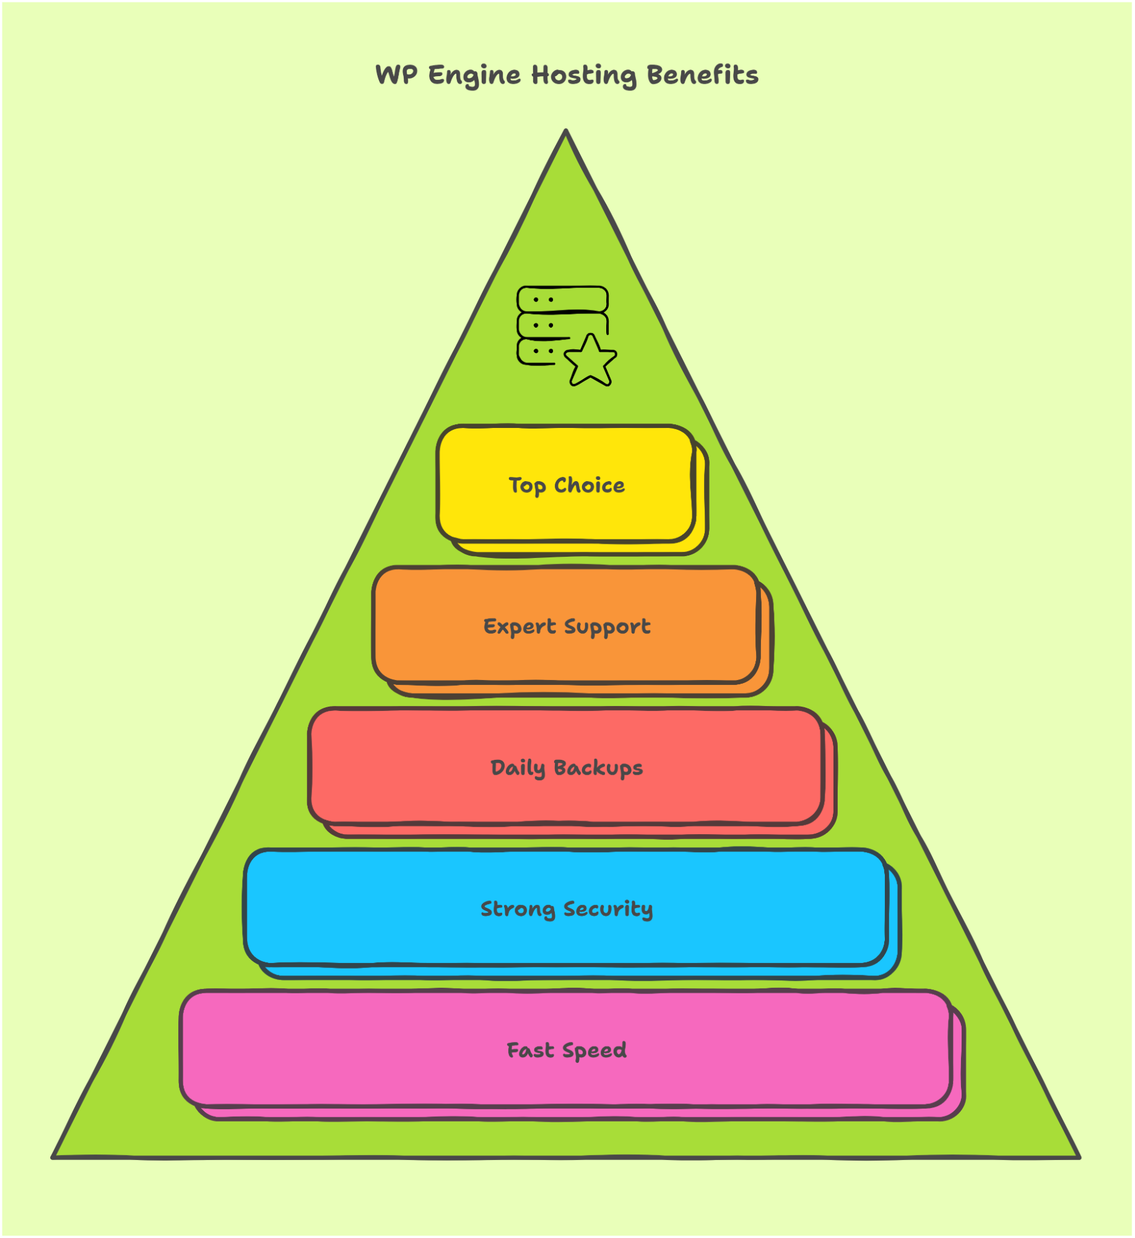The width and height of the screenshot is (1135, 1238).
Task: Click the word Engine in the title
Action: [474, 76]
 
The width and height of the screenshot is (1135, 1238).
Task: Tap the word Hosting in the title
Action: [584, 76]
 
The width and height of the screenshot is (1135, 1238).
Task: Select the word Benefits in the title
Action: [703, 74]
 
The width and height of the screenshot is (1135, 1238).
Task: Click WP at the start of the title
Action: [396, 75]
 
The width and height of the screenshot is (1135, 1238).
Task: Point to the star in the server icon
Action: [590, 361]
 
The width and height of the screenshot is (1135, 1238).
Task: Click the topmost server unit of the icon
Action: [562, 299]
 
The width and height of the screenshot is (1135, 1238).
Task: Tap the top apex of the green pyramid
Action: [566, 130]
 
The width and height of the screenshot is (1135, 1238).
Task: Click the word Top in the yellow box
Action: [528, 486]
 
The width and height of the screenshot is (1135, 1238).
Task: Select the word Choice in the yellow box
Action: [589, 485]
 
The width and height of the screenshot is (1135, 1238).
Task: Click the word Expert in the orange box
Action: [520, 627]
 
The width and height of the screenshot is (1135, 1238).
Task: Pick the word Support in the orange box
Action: [607, 627]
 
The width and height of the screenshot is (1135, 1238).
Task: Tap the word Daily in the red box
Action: [518, 769]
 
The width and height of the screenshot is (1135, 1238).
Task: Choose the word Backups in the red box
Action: [598, 769]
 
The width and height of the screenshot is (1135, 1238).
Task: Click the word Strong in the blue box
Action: [518, 910]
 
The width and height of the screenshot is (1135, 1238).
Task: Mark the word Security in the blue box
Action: [608, 910]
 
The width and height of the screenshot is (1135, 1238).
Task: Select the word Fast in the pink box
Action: [531, 1050]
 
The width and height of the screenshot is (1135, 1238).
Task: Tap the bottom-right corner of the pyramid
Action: [1080, 1157]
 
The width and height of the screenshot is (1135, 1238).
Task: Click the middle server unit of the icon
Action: [562, 326]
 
